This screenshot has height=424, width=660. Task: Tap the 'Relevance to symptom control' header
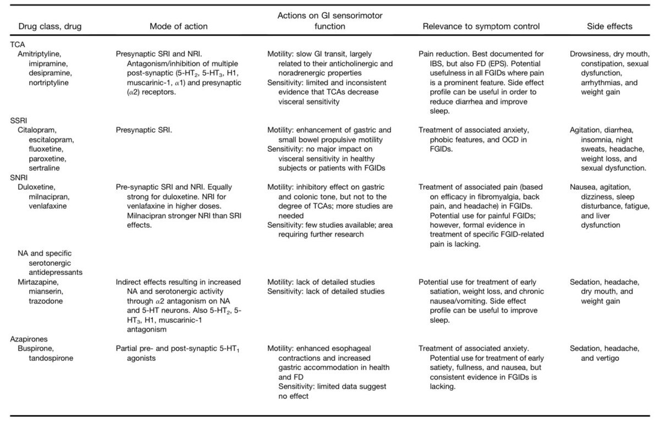coord(481,26)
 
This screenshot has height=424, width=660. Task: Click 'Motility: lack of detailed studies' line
coord(326,282)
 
